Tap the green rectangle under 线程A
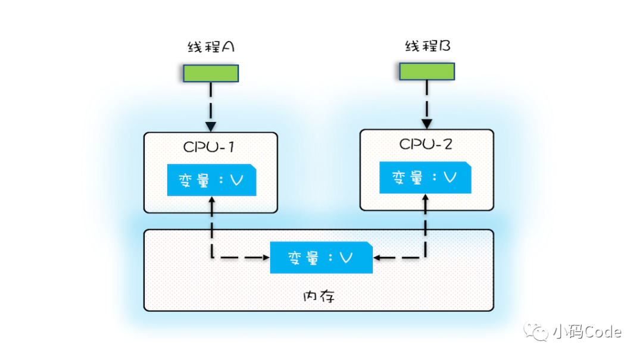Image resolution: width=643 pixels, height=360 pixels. point(211,73)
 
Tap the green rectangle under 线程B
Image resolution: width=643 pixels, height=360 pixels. point(426,71)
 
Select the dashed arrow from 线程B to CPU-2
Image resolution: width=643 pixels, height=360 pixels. point(426,104)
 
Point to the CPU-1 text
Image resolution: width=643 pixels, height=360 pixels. point(210,146)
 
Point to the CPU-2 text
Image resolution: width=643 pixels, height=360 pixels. point(426,144)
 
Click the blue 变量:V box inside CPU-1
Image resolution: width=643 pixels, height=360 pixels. point(211,180)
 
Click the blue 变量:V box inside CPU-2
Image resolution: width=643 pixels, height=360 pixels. point(425,177)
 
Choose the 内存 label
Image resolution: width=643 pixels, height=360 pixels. point(319,296)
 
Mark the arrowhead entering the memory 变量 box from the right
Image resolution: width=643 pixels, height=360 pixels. point(379,258)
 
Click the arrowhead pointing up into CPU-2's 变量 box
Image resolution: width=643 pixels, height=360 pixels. point(426,199)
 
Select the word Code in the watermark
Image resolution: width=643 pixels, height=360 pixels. point(600,331)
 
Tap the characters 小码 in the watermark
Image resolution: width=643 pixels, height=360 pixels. point(565,331)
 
